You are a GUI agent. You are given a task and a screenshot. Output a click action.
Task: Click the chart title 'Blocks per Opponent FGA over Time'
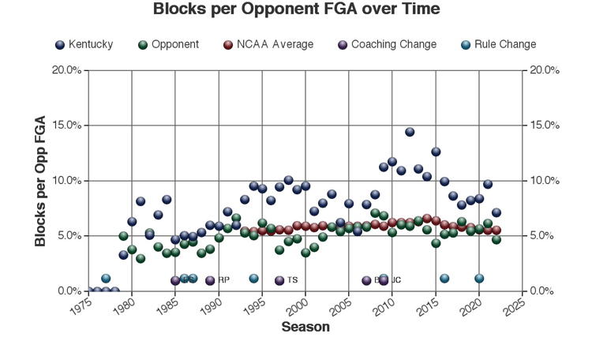pyautogui.click(x=295, y=9)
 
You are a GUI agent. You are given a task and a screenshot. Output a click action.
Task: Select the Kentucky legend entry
pyautogui.click(x=84, y=44)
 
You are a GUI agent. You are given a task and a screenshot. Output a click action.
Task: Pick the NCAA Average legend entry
pyautogui.click(x=268, y=44)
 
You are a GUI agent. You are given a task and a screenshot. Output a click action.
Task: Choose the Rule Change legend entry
pyautogui.click(x=498, y=44)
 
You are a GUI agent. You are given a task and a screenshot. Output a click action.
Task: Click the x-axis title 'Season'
pyautogui.click(x=305, y=327)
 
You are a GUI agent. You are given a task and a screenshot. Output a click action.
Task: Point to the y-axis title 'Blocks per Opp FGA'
pyautogui.click(x=40, y=181)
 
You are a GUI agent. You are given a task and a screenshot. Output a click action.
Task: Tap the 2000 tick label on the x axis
pyautogui.click(x=294, y=305)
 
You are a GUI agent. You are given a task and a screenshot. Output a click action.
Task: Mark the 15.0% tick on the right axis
pyautogui.click(x=544, y=126)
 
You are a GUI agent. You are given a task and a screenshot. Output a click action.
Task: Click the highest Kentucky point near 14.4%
pyautogui.click(x=410, y=132)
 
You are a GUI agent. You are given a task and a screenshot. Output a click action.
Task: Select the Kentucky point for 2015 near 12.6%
pyautogui.click(x=436, y=152)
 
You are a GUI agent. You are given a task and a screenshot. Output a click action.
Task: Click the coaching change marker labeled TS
pyautogui.click(x=279, y=280)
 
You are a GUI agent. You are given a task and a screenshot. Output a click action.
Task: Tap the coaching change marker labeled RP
pyautogui.click(x=210, y=280)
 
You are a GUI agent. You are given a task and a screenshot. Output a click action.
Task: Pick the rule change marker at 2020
pyautogui.click(x=479, y=278)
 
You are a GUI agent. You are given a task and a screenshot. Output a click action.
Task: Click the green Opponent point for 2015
pyautogui.click(x=436, y=243)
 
